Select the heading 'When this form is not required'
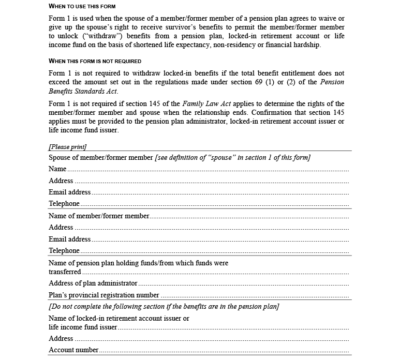click(95, 61)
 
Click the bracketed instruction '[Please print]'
click(68, 147)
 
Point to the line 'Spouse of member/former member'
click(101, 157)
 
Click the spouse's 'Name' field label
click(57, 169)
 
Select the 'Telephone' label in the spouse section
click(64, 204)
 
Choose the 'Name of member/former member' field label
click(99, 216)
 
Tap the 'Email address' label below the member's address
click(70, 239)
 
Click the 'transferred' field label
click(65, 272)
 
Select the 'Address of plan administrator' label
click(93, 283)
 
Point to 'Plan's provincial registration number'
click(104, 295)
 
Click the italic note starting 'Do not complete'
click(164, 307)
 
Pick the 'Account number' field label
click(73, 350)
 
